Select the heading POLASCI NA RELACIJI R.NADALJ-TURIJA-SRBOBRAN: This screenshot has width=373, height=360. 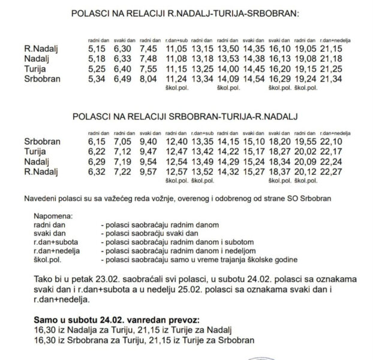click(x=186, y=14)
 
